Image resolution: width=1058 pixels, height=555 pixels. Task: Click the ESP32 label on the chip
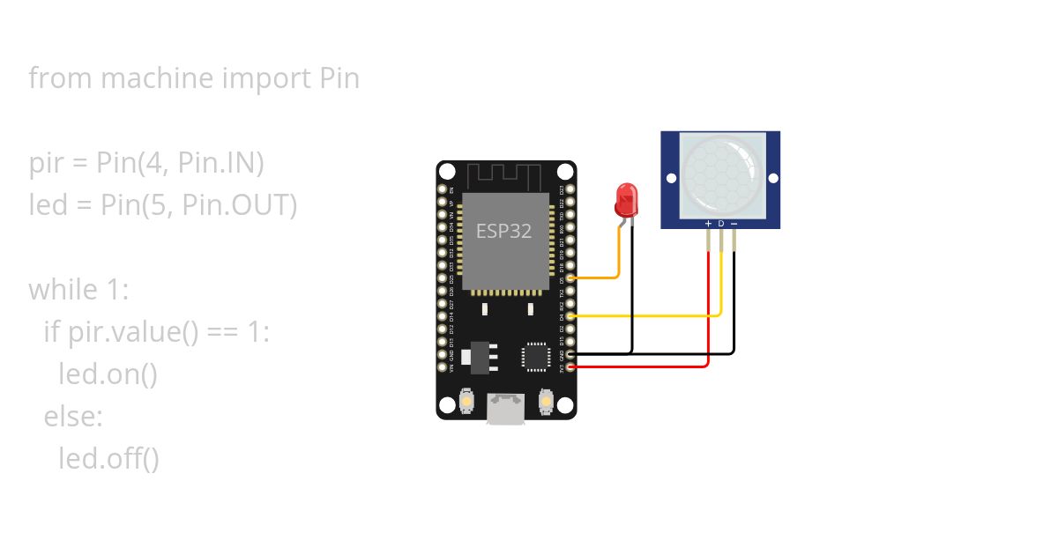click(x=503, y=231)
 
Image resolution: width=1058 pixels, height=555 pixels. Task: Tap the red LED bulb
click(x=626, y=200)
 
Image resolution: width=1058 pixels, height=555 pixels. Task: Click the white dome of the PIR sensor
click(x=720, y=177)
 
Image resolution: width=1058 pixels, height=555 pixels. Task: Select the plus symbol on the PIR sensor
click(x=708, y=224)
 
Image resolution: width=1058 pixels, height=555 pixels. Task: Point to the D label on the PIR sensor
click(x=720, y=224)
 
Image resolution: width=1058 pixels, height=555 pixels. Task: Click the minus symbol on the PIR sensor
click(x=734, y=224)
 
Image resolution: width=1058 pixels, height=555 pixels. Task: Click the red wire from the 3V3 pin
click(x=644, y=366)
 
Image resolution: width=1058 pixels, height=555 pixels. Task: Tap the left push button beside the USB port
click(x=467, y=403)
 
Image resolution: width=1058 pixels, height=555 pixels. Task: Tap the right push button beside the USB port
click(x=546, y=403)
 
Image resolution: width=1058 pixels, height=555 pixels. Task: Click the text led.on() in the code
click(x=108, y=374)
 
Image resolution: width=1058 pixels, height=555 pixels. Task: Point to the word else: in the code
click(x=73, y=416)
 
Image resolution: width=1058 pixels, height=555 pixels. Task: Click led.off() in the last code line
click(x=108, y=458)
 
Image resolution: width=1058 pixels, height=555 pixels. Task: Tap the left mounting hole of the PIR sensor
click(x=672, y=178)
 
